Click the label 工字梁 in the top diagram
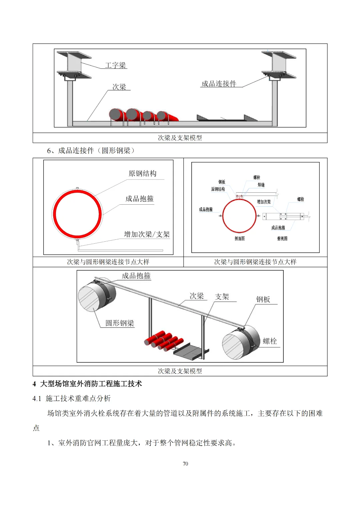coord(115,65)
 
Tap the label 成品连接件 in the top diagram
coord(219,84)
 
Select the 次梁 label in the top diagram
coord(119,87)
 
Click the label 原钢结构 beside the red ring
coord(142,174)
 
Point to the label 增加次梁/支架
coord(147,234)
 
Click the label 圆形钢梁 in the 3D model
coord(120,323)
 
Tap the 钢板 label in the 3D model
coord(263,299)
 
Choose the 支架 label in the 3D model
coord(222,297)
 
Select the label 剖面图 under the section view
coord(239,239)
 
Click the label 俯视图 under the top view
coord(282,239)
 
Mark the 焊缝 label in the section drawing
coord(261,185)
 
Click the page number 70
coord(185,464)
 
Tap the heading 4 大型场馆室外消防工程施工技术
coord(87,384)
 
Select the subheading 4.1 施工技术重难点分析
coord(71,399)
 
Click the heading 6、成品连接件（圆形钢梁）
coord(91,151)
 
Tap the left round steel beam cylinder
coord(96,295)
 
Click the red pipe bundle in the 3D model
coord(164,340)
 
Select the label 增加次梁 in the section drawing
coord(264,202)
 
